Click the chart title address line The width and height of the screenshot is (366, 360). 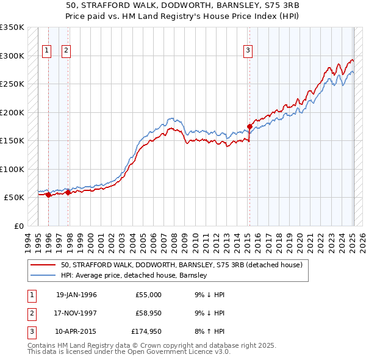tap(183, 5)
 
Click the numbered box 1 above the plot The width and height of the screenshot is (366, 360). tap(47, 51)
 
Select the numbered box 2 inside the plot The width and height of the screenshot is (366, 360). tap(66, 51)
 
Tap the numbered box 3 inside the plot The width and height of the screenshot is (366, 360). tap(248, 51)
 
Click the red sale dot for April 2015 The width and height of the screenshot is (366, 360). tap(249, 127)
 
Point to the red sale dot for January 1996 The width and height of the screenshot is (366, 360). tap(48, 195)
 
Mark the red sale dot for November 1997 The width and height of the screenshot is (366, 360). tap(68, 193)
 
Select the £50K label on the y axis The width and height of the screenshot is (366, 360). tap(14, 198)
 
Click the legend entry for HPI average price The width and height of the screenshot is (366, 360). tap(134, 276)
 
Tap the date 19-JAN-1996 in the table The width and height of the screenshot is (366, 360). tap(76, 295)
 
